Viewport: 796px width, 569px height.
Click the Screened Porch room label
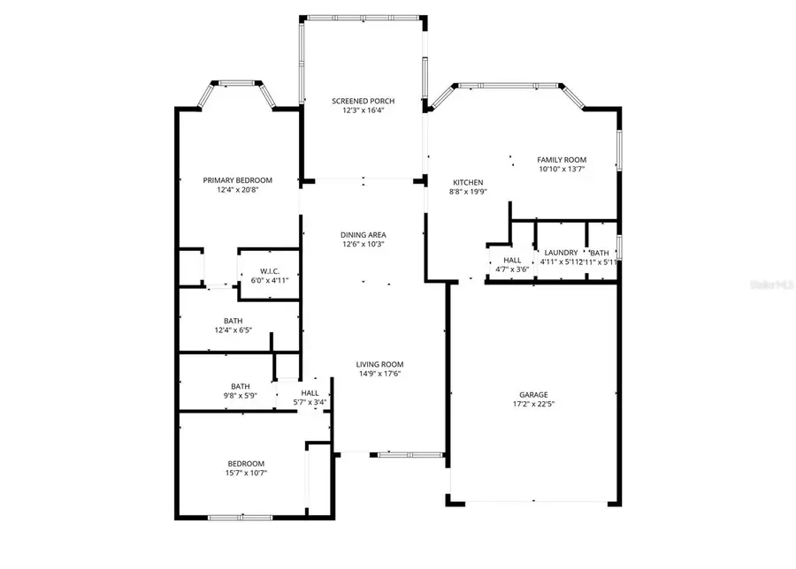[x=363, y=102]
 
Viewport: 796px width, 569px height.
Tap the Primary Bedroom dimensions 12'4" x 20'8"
[x=236, y=189]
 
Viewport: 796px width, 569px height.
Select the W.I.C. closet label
[x=270, y=270]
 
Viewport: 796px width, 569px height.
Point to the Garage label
[x=533, y=394]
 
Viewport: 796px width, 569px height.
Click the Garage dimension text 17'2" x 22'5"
[x=533, y=404]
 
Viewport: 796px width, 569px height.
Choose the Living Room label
[x=379, y=364]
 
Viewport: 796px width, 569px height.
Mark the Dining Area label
[x=363, y=234]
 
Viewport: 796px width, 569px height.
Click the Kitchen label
[x=466, y=182]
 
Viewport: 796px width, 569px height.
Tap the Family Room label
[x=563, y=159]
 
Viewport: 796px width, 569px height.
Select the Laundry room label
[x=561, y=252]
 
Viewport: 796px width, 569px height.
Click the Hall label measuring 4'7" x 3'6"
[x=511, y=260]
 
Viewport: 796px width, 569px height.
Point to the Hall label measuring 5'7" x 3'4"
[x=310, y=393]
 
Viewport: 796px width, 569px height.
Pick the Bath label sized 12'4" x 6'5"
[x=233, y=321]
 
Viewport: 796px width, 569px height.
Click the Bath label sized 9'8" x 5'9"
[x=240, y=386]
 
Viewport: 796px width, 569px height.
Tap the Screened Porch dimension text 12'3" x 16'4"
[x=363, y=111]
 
